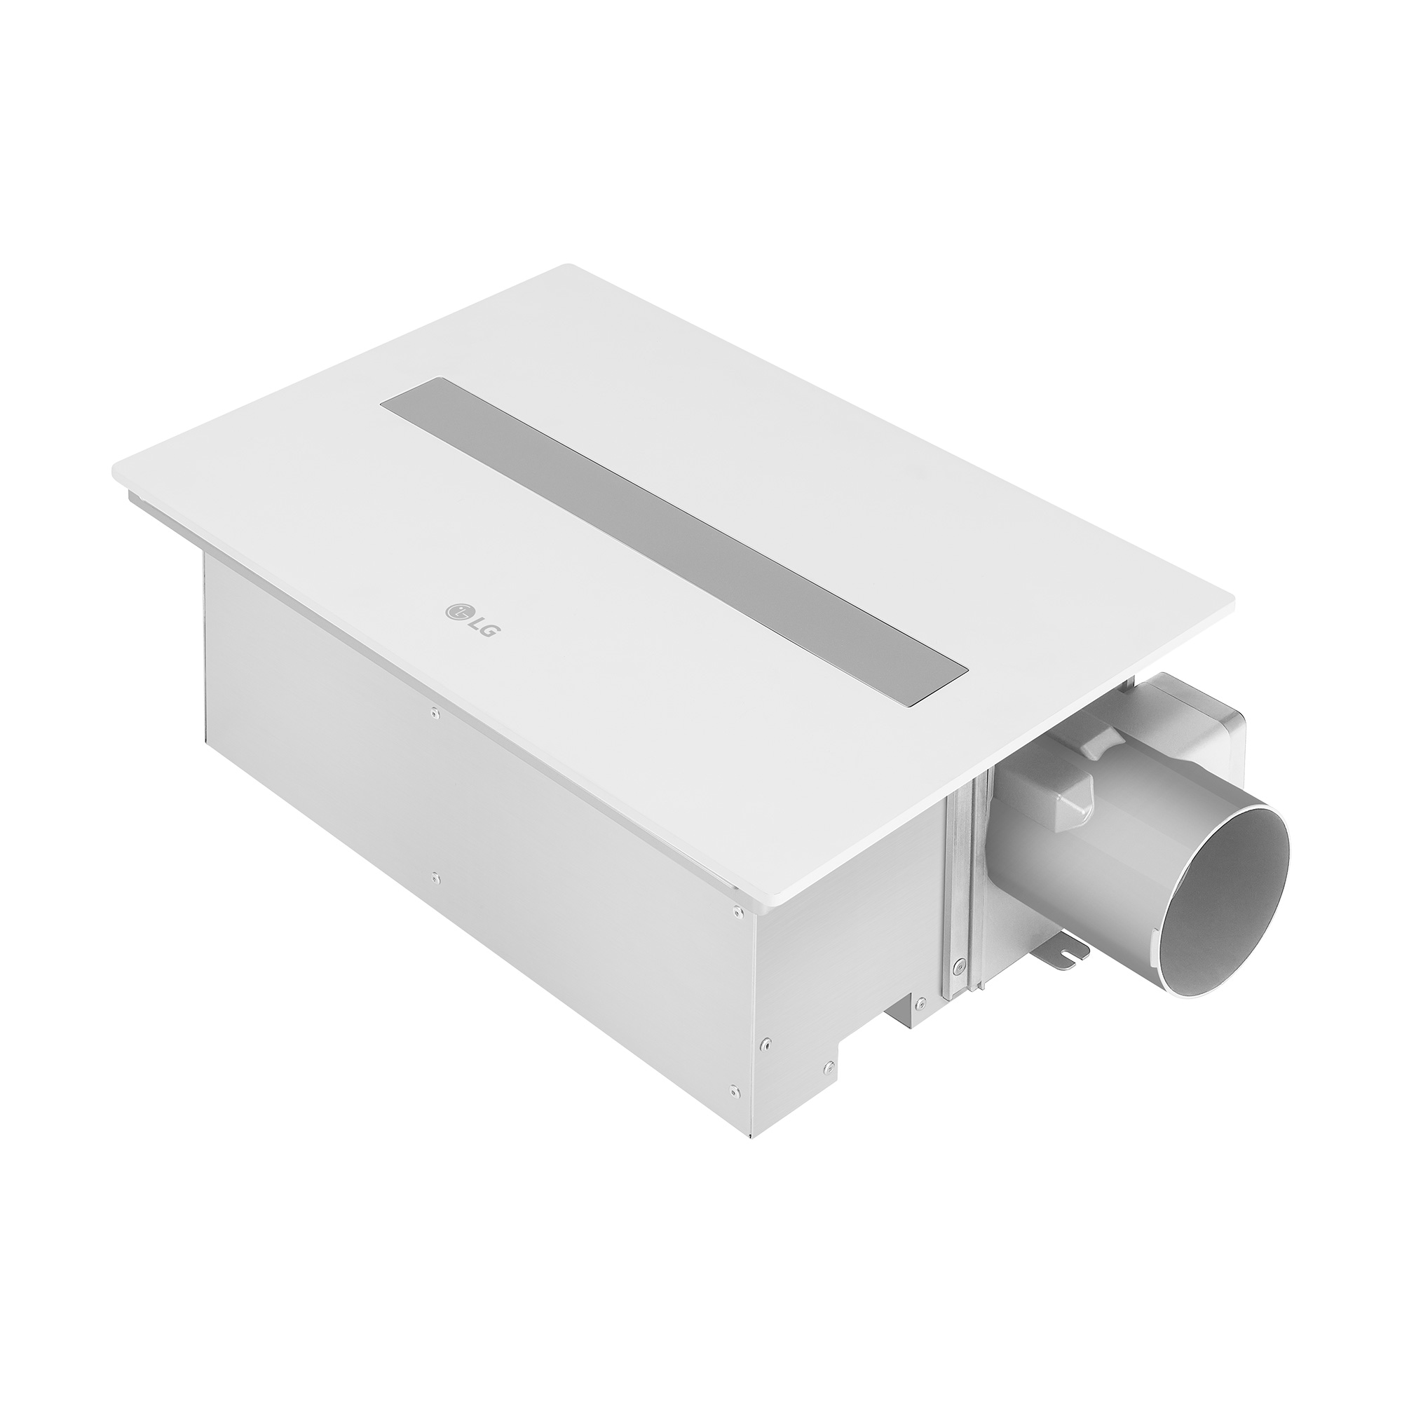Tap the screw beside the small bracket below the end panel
click(919, 1003)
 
